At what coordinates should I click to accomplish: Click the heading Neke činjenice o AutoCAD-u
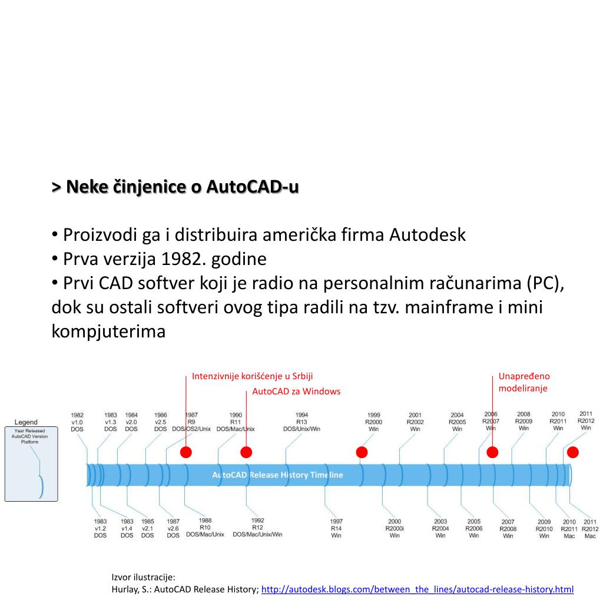coord(175,187)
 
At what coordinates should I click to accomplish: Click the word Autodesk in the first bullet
coord(427,235)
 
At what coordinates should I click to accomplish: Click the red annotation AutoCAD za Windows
coord(296,392)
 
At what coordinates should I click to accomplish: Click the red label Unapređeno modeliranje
coord(524,382)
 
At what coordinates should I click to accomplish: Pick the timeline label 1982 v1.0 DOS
coord(77,422)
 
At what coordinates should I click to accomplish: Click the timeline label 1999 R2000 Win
coord(373,422)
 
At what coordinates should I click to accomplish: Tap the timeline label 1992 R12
coord(257,527)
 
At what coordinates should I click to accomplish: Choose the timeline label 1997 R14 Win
coord(336,528)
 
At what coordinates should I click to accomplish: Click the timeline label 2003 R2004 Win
coord(440,528)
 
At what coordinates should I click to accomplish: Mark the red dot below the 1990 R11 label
coord(247,452)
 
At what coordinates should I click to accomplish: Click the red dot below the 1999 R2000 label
coord(362,452)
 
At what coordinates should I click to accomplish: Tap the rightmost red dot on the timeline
coord(572,452)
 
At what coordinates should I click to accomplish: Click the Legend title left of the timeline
coord(26,422)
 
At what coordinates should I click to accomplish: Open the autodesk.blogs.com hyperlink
coord(417,589)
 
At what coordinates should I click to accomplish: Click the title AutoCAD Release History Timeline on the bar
coord(277,475)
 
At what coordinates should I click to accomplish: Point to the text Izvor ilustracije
coord(143,577)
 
